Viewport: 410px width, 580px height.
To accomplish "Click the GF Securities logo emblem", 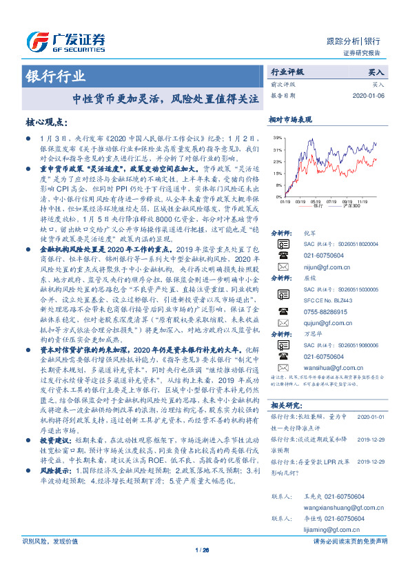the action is coord(38,40).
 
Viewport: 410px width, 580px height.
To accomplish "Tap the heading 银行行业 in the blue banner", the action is coord(57,76).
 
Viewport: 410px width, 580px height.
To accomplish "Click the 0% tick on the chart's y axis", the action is coord(278,198).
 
